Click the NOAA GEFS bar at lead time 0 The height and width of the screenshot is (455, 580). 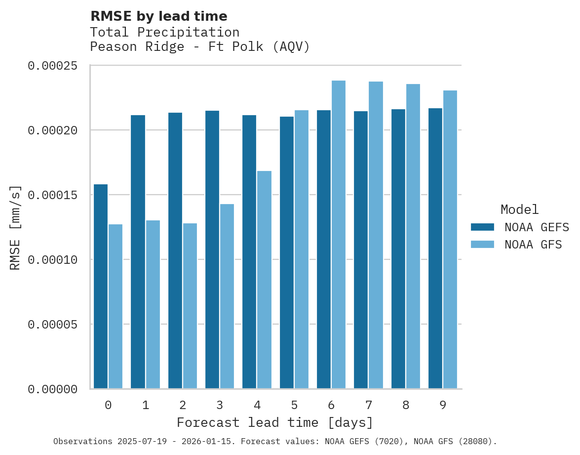pos(101,287)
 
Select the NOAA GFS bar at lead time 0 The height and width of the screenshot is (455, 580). pos(116,306)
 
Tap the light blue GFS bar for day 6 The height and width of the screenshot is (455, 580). pos(339,235)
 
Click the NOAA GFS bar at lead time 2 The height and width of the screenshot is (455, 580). pos(190,306)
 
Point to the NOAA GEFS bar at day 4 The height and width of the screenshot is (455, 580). pos(249,252)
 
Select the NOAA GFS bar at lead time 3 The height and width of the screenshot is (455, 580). pos(227,296)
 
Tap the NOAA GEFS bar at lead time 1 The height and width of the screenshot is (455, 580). pos(138,252)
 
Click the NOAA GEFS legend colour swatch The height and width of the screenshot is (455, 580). pos(482,227)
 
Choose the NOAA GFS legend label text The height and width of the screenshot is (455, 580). pos(533,245)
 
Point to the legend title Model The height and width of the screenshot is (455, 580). pos(519,209)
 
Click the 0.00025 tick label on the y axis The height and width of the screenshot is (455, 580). pos(53,66)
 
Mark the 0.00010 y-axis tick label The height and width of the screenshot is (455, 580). pos(53,260)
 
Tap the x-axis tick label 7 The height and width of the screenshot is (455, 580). pos(369,406)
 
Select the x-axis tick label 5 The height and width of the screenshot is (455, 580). pos(294,406)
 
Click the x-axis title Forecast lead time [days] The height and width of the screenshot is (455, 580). pos(275,423)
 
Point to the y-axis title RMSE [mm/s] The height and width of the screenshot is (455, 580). pos(16,228)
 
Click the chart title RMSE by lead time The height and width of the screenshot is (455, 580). pos(158,16)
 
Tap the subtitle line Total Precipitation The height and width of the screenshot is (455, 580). pos(164,32)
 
